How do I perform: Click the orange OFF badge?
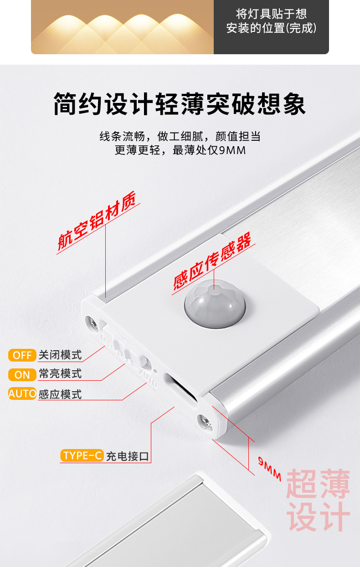pos(22,355)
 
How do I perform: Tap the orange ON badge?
pos(22,375)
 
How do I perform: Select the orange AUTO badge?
pos(22,393)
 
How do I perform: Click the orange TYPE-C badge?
pos(82,455)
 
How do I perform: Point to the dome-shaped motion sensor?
pos(215,303)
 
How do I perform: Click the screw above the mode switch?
pos(92,323)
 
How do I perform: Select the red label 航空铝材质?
pos(97,221)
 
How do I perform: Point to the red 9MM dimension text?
pos(270,469)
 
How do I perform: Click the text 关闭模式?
pos(60,355)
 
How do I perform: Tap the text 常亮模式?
pos(60,373)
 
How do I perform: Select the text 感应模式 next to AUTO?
pos(60,394)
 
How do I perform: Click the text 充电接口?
pos(128,456)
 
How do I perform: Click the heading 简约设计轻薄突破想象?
pos(180,104)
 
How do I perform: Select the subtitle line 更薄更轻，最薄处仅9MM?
pos(180,150)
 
